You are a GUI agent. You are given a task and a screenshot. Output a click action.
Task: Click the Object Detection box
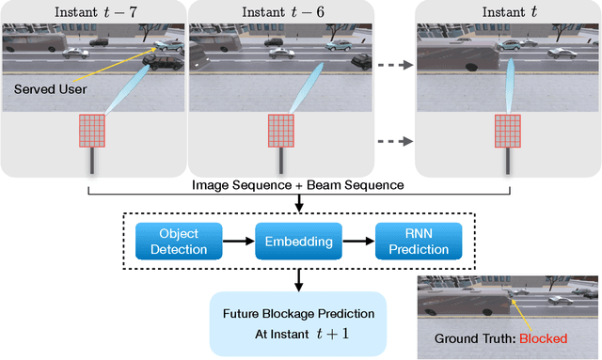(x=178, y=241)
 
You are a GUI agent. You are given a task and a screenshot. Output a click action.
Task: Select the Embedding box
(x=298, y=241)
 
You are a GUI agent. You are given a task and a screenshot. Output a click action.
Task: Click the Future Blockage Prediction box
(x=298, y=322)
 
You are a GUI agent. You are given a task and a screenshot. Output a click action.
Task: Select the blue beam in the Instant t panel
(x=508, y=84)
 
